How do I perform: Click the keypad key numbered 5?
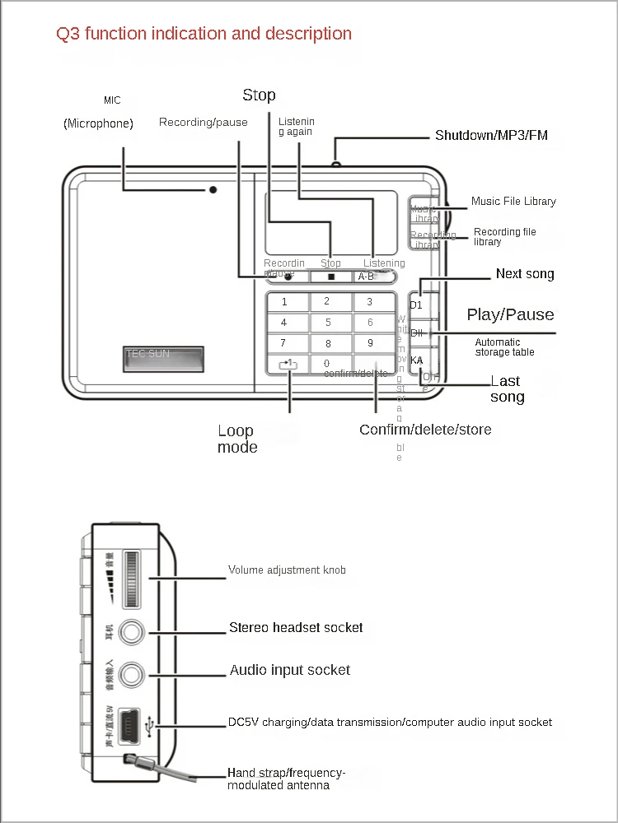328,323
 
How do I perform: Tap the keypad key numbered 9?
370,343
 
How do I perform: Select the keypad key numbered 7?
283,343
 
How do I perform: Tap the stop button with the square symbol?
331,277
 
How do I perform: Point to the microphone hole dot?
213,189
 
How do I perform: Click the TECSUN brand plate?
163,358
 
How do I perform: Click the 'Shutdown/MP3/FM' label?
491,135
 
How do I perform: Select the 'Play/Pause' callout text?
510,314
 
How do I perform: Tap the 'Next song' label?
525,274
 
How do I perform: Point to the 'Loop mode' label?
237,439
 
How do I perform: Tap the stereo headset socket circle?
132,632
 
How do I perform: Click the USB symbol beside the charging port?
148,725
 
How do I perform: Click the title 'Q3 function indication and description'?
204,34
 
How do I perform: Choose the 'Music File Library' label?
513,202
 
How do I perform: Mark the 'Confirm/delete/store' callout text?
425,430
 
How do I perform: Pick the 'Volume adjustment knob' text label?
287,570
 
